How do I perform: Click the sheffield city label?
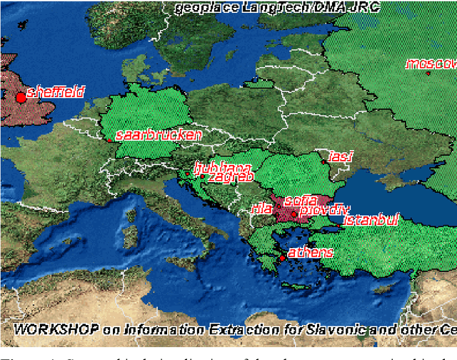(56, 92)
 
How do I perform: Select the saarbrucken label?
(158, 134)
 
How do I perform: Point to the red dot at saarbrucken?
(110, 140)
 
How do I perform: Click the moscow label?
(431, 64)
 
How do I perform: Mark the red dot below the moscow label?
(428, 73)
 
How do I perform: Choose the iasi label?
(341, 156)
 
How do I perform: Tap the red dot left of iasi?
(323, 162)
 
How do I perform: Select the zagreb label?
(230, 177)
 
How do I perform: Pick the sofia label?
(300, 200)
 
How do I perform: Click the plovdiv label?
(325, 210)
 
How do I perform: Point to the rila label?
(258, 209)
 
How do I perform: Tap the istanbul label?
(371, 220)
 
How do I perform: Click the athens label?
(311, 252)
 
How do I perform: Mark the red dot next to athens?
(282, 258)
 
